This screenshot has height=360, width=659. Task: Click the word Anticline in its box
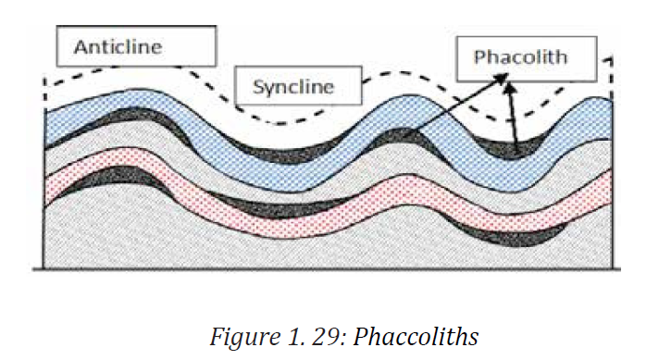118,46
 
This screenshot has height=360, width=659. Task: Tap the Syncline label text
293,87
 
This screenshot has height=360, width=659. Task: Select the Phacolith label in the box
521,57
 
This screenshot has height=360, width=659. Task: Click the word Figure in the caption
245,337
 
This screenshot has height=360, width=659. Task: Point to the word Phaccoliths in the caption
416,337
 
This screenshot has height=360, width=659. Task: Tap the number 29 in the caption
324,337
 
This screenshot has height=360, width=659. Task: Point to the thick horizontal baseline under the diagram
327,269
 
